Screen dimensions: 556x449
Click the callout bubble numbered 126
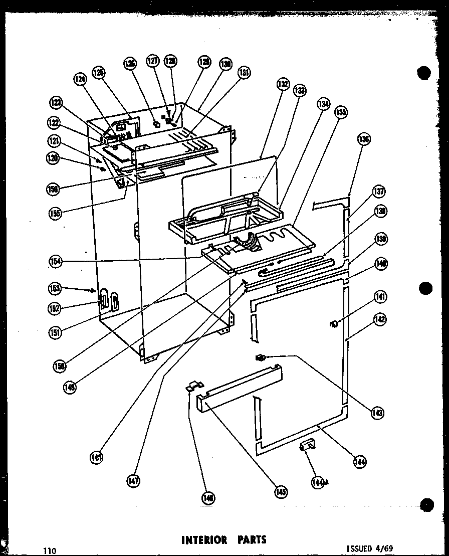click(x=130, y=63)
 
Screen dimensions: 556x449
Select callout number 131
click(x=244, y=73)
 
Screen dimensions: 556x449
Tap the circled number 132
click(x=283, y=84)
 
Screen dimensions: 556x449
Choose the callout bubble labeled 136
click(x=364, y=139)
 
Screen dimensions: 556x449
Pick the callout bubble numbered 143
click(x=377, y=413)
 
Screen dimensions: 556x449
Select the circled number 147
click(x=133, y=481)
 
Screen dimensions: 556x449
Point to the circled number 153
click(x=54, y=288)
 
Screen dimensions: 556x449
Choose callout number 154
click(x=55, y=261)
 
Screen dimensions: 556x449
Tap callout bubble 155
click(x=55, y=213)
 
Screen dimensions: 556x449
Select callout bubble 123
click(x=55, y=103)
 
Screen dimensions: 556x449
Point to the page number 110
click(x=49, y=550)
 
